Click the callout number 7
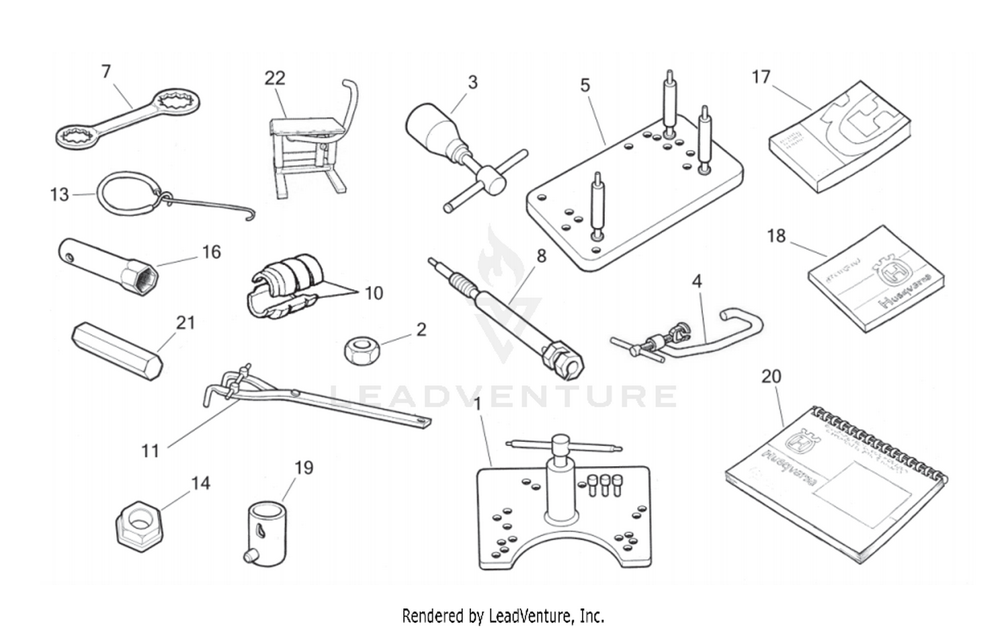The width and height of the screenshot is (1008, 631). tap(106, 71)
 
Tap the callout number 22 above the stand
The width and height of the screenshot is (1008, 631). tap(275, 78)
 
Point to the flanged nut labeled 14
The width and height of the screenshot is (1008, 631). tap(140, 523)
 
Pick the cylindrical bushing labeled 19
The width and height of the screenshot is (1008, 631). tap(265, 530)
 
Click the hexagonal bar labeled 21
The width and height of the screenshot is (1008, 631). tap(116, 350)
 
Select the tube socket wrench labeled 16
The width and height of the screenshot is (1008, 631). tap(108, 264)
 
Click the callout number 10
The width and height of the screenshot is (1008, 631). tap(373, 293)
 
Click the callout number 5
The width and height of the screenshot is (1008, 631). tap(585, 85)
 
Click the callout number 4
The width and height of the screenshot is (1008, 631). tap(697, 281)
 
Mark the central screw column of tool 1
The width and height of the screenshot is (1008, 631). tap(562, 481)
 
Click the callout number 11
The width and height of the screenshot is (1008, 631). tap(150, 450)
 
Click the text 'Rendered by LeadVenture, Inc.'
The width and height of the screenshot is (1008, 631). tap(503, 615)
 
